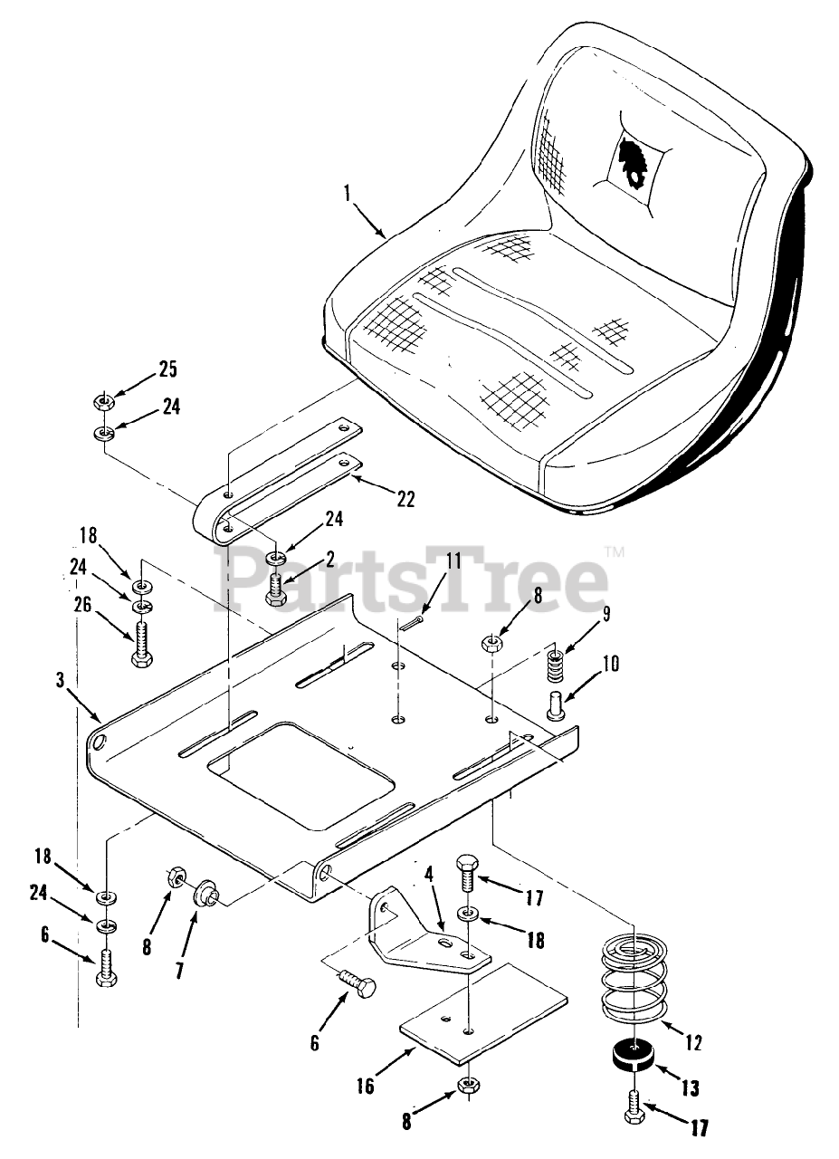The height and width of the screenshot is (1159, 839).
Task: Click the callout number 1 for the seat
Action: [348, 193]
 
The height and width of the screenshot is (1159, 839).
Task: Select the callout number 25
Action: [167, 369]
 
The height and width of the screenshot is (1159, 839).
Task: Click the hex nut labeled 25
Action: [103, 400]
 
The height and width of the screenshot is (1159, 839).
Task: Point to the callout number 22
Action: [405, 499]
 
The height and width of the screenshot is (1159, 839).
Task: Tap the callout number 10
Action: [610, 664]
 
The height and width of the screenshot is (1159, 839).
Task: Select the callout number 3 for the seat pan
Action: [61, 681]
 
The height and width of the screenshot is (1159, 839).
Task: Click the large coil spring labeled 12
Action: [635, 982]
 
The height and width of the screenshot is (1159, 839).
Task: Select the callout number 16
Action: [366, 1086]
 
